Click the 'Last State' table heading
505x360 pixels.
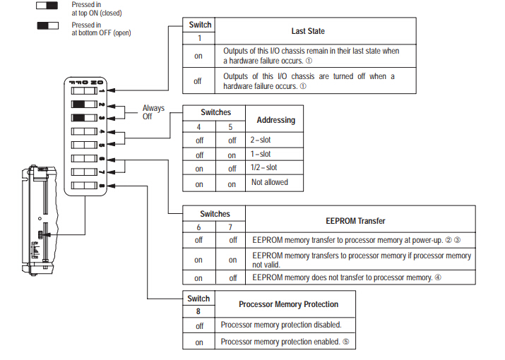tap(308, 31)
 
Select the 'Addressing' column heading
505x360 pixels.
tap(276, 120)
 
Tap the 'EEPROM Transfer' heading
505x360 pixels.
tap(355, 221)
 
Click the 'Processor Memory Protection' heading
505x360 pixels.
tap(289, 304)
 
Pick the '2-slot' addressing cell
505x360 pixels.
tap(261, 140)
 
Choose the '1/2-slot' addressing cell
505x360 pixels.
tap(263, 167)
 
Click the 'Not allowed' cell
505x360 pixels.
tap(270, 182)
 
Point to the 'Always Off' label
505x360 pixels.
tap(153, 112)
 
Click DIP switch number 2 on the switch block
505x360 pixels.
tap(84, 104)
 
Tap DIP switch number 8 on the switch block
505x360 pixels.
tap(84, 186)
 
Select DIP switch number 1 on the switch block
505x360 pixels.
tap(84, 91)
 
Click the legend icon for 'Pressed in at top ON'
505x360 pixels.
tap(47, 6)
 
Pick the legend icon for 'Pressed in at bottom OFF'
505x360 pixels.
tap(47, 25)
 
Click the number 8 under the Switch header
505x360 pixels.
tap(198, 311)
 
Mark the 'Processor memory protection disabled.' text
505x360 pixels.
tap(281, 325)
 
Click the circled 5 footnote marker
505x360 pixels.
tap(345, 342)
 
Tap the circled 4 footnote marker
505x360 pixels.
tap(438, 277)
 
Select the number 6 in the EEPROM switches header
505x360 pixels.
tap(198, 227)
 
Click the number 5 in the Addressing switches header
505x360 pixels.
tap(230, 127)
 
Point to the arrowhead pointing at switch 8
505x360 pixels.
tap(111, 186)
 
